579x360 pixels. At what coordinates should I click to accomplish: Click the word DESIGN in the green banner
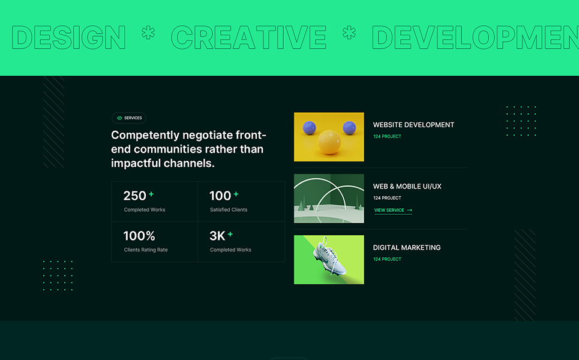68,37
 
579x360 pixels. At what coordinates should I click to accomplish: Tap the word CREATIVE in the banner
248,37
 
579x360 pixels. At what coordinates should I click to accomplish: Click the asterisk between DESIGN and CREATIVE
148,33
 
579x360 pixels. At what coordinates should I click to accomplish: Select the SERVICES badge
129,118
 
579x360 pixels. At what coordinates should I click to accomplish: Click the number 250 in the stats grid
135,196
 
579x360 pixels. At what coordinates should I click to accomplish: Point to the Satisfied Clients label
229,209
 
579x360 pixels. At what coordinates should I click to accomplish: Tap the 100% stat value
139,236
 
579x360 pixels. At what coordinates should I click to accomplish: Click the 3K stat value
217,236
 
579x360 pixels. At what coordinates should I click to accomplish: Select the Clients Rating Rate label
146,250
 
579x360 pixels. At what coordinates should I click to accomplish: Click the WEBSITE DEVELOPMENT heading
413,125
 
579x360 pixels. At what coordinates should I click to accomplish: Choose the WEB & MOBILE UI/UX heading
407,187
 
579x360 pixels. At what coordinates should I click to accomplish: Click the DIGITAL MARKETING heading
407,248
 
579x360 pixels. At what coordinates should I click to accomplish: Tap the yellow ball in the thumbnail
329,142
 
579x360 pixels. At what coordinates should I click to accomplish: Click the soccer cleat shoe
329,257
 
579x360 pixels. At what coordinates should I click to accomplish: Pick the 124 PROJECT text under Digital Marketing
387,259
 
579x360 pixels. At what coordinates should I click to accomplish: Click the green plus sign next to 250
151,194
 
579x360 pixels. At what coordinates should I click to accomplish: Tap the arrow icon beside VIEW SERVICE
410,210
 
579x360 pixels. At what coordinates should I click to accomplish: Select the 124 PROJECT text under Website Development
387,136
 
